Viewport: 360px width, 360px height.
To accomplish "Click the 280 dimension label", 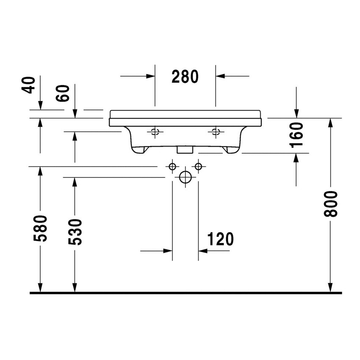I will pos(185,77).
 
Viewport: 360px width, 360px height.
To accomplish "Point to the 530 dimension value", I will pos(75,232).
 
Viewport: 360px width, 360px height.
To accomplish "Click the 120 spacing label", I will pos(220,240).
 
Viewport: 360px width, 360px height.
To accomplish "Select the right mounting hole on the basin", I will pos(216,132).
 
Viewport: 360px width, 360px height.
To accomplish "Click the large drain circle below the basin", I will pos(185,177).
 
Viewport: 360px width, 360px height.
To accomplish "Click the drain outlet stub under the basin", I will pos(185,149).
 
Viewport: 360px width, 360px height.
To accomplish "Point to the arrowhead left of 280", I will pos(150,76).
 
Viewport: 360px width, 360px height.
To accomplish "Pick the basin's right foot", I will pos(231,150).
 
